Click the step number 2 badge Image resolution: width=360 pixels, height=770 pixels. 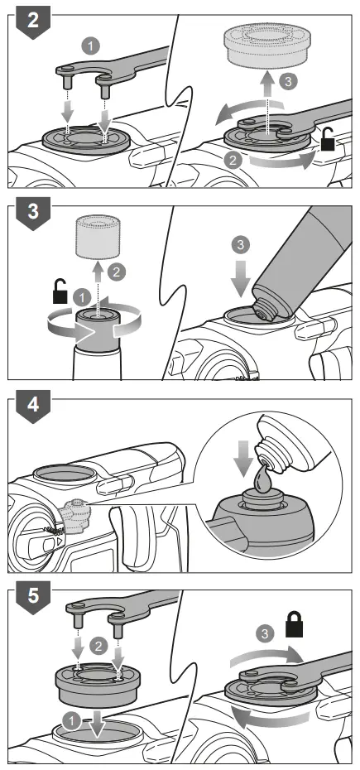pyautogui.click(x=31, y=23)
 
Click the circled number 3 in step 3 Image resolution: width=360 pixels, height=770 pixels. pyautogui.click(x=240, y=245)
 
